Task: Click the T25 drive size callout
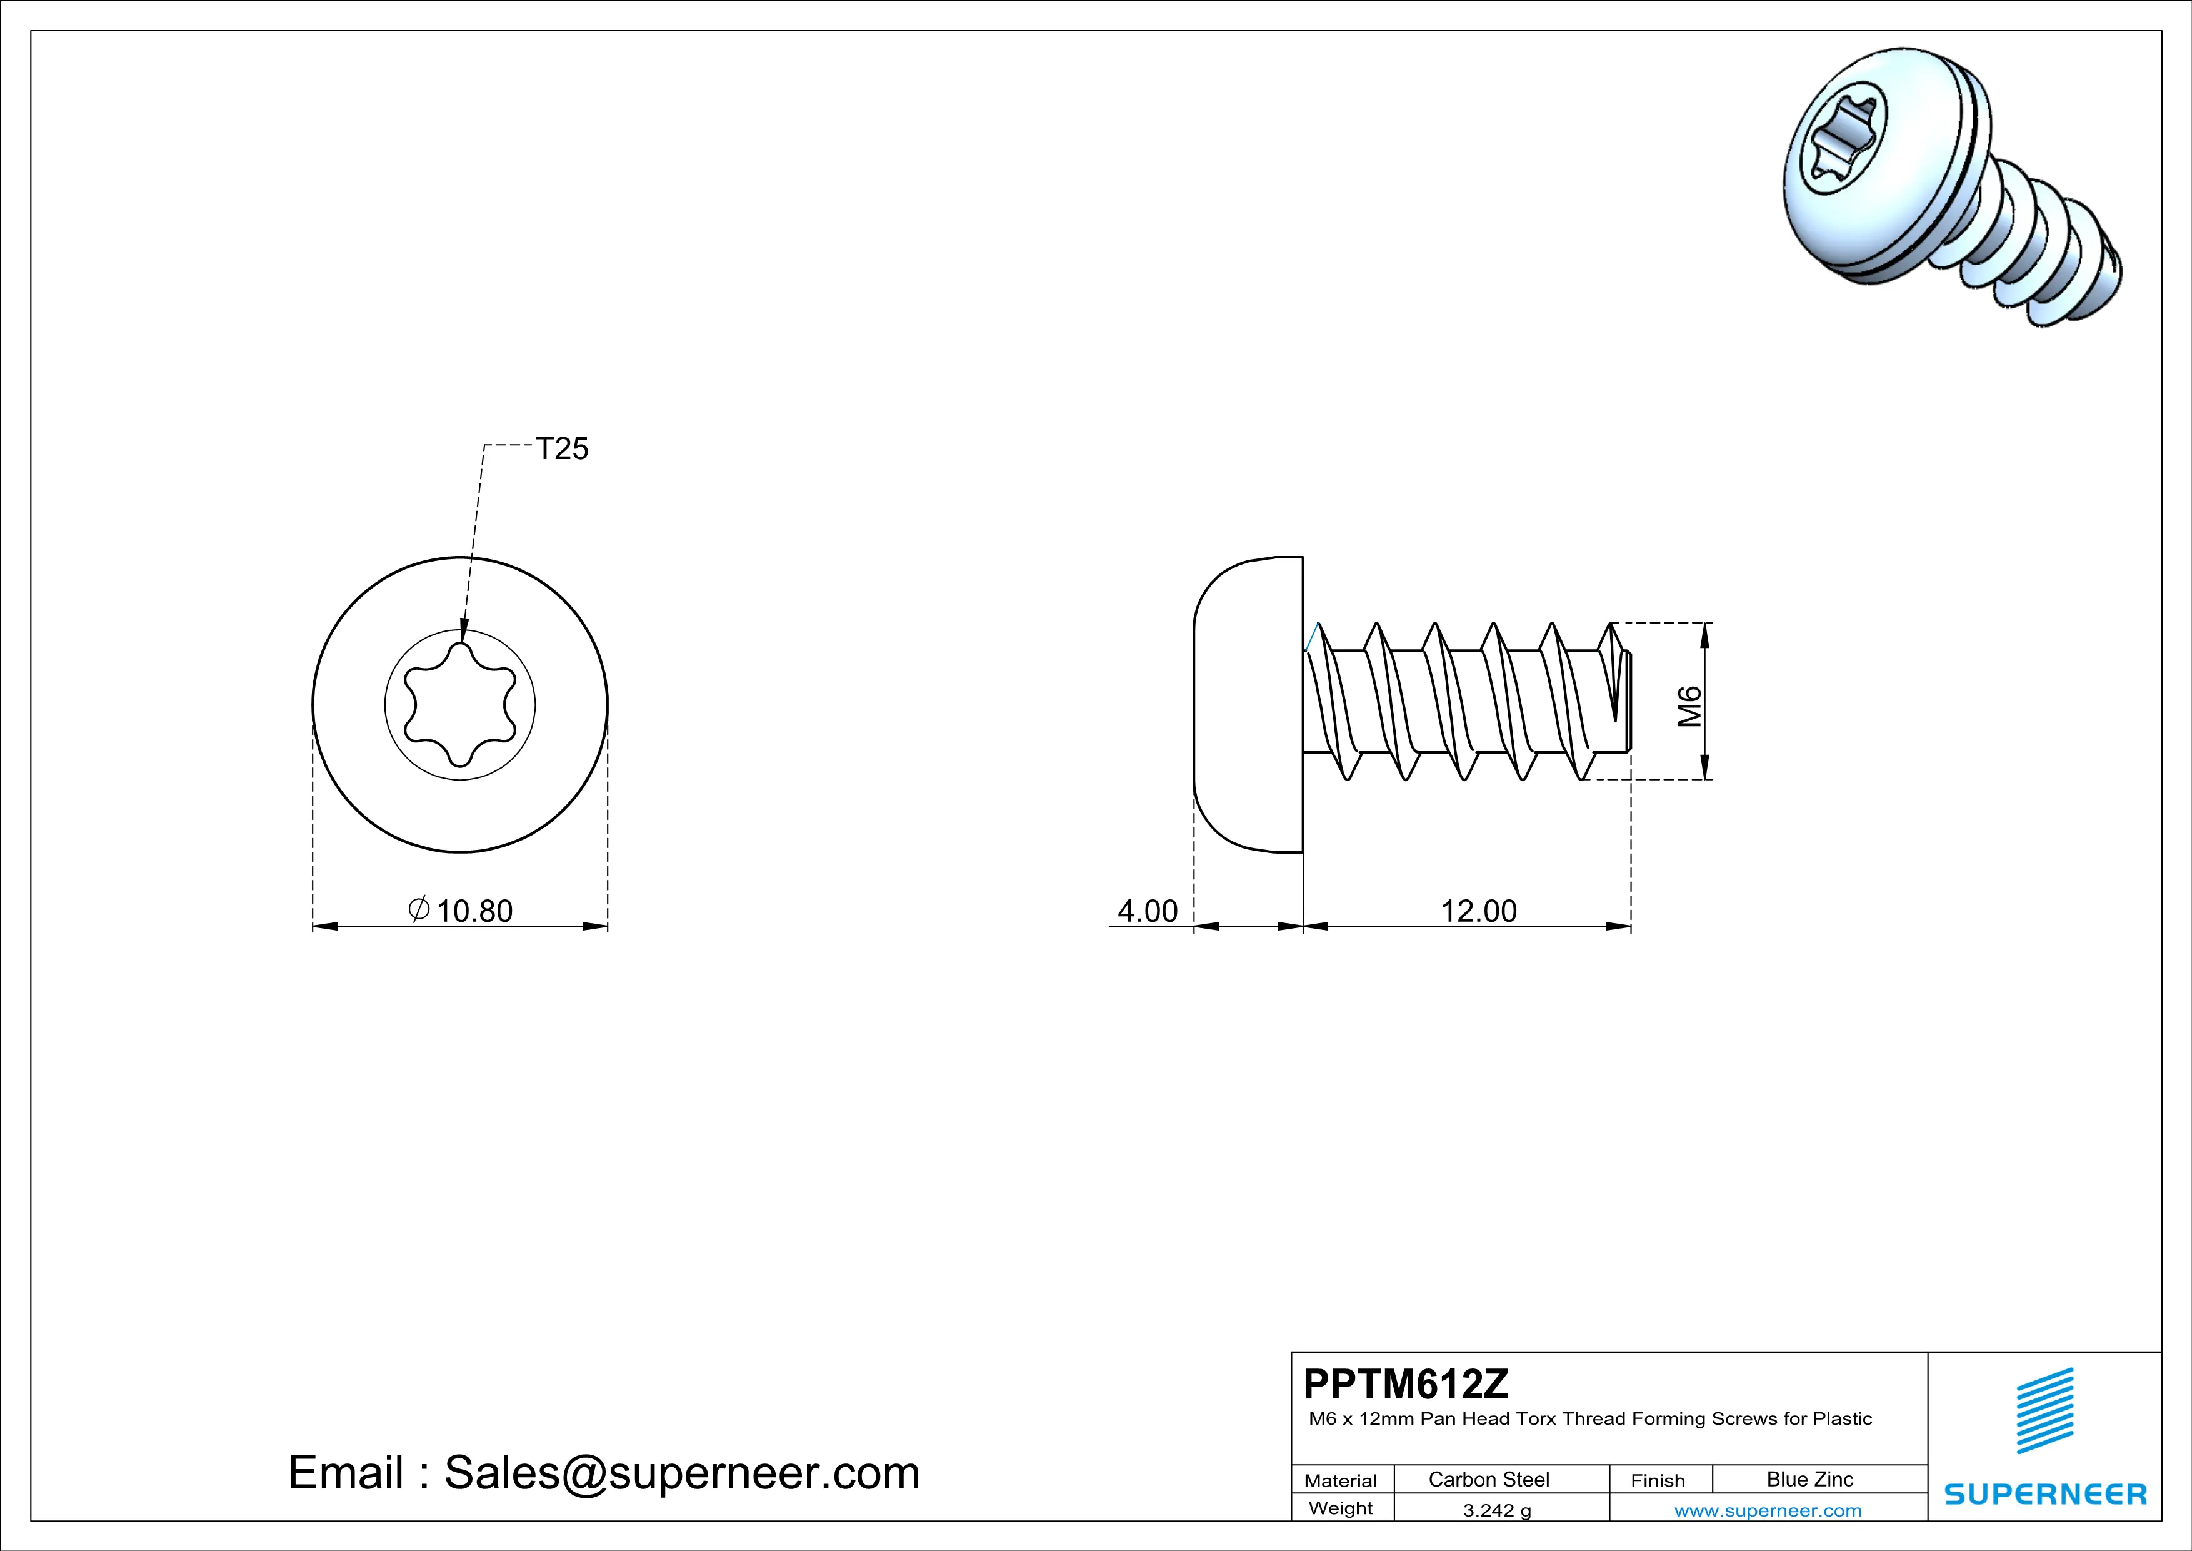(x=563, y=449)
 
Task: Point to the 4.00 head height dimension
(x=1148, y=911)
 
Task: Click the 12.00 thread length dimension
(x=1478, y=911)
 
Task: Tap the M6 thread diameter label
(x=1690, y=706)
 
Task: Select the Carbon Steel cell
(x=1488, y=1479)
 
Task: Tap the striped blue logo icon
(x=2045, y=1423)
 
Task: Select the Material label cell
(x=1341, y=1480)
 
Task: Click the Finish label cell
(x=1658, y=1480)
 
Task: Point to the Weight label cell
(x=1341, y=1508)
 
